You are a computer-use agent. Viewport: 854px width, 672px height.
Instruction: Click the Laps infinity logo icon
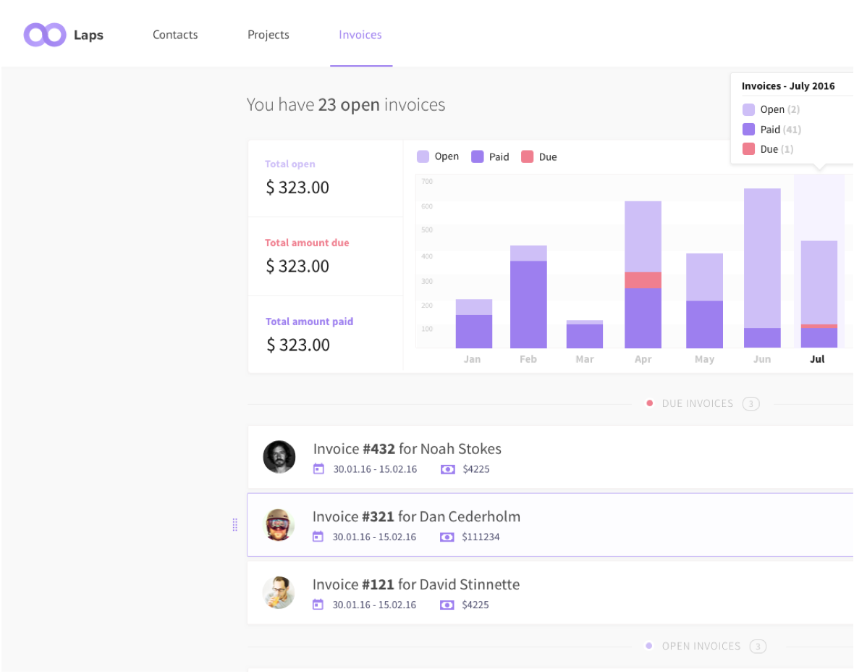[x=45, y=35]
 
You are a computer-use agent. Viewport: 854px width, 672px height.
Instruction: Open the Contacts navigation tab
[x=175, y=35]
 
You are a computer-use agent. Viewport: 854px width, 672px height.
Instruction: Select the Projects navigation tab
[x=268, y=35]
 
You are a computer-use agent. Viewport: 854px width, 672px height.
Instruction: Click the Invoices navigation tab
[x=360, y=35]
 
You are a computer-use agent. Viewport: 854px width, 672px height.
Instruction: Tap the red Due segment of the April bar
[x=643, y=280]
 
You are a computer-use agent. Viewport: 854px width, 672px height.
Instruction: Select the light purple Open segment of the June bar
[x=762, y=258]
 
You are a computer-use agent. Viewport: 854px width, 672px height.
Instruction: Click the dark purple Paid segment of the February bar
[x=528, y=304]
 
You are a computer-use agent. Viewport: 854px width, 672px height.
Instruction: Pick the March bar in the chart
[x=585, y=335]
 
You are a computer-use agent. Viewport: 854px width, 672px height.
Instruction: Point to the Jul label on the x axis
[x=817, y=359]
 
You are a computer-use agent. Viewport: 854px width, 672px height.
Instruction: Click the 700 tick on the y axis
[x=427, y=181]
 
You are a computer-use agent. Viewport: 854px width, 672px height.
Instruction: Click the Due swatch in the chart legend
[x=528, y=156]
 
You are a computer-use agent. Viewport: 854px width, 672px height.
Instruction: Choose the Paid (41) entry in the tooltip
[x=771, y=130]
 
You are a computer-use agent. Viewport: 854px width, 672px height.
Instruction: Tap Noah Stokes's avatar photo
[x=279, y=457]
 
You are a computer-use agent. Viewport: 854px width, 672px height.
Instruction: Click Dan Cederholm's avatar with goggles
[x=279, y=525]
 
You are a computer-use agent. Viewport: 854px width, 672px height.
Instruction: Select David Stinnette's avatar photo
[x=279, y=592]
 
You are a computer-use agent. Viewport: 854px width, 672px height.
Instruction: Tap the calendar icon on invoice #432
[x=318, y=469]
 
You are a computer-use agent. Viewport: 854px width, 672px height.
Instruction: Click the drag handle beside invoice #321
[x=234, y=525]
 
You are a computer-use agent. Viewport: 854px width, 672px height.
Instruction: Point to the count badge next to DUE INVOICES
[x=751, y=404]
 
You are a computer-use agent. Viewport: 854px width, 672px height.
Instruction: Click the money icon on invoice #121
[x=447, y=605]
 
